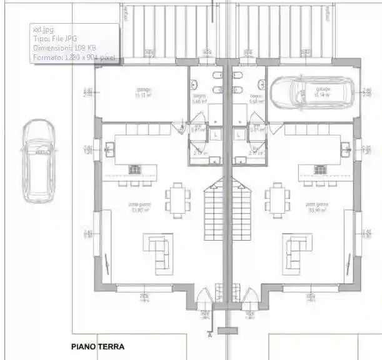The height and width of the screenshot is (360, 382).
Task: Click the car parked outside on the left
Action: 38,161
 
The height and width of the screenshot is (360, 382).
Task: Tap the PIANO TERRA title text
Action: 98,346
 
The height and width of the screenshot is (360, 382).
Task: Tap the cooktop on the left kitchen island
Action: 135,169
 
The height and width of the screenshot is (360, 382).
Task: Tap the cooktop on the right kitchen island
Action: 321,169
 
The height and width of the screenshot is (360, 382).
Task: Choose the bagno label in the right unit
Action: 255,98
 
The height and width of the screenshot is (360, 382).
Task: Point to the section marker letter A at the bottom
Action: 209,334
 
